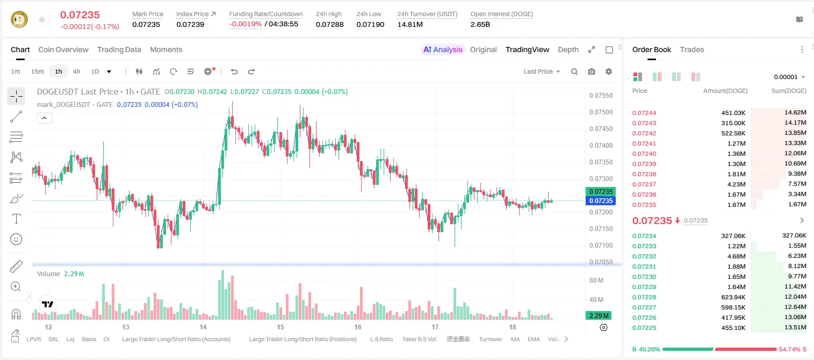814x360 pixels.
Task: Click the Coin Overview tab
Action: coord(63,49)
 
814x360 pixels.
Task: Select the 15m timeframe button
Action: coord(37,71)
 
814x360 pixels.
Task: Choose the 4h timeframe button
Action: coord(76,71)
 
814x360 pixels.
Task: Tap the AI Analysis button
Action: coord(443,49)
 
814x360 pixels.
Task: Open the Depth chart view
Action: coord(568,49)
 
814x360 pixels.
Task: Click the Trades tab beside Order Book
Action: coord(692,49)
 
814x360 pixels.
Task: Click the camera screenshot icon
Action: coord(592,71)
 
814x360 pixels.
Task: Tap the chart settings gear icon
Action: coord(609,71)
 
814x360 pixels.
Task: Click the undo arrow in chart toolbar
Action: coord(234,71)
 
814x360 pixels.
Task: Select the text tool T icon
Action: coord(16,219)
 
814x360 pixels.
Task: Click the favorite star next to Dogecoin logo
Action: coord(42,19)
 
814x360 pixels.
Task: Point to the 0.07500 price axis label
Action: coord(601,112)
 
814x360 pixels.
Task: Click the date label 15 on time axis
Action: coord(280,327)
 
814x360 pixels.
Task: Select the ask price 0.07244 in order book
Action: coord(644,113)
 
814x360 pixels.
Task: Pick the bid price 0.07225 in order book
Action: coord(644,328)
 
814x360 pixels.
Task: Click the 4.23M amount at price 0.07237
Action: coord(736,184)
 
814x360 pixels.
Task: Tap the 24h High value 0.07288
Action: coord(329,24)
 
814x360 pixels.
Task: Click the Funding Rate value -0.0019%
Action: coord(246,24)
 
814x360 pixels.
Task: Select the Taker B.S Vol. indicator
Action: coord(419,339)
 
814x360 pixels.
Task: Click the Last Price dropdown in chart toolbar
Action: coord(542,71)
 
